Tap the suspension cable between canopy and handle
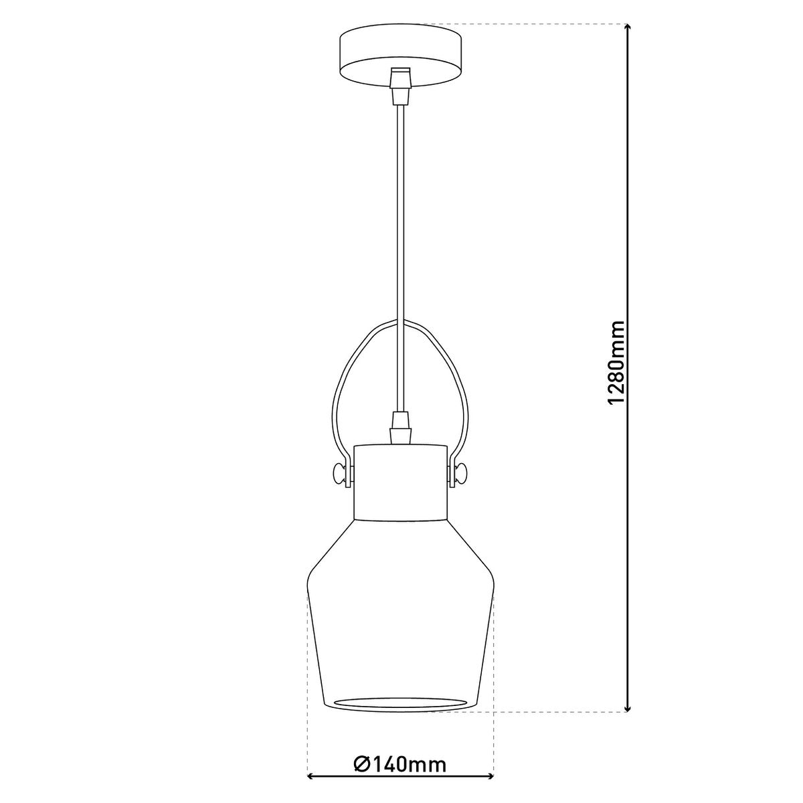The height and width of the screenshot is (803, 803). click(400, 201)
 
